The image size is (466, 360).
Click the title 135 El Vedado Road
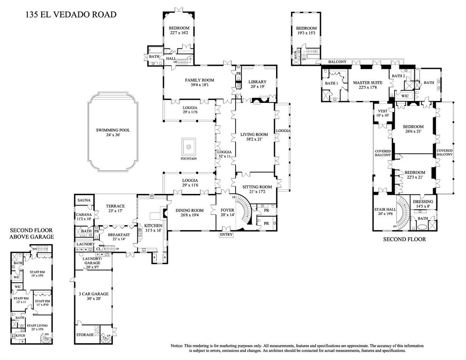pyautogui.click(x=71, y=15)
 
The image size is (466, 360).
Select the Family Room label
pyautogui.click(x=199, y=80)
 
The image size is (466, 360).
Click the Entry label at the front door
pyautogui.click(x=226, y=234)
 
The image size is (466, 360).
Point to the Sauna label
pyautogui.click(x=84, y=200)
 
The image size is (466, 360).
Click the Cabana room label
pyautogui.click(x=84, y=214)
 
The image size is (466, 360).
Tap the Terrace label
pyautogui.click(x=115, y=206)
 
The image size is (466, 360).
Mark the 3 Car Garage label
pyautogui.click(x=93, y=294)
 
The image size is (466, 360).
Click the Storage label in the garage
pyautogui.click(x=85, y=335)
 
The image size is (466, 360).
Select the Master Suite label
pyautogui.click(x=367, y=83)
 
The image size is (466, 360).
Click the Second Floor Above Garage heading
pyautogui.click(x=31, y=234)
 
